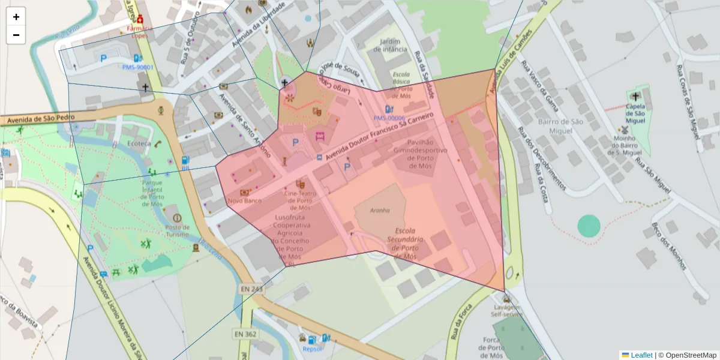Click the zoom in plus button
tap(16, 17)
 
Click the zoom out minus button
tap(16, 35)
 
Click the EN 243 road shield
tap(251, 289)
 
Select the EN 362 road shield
tap(245, 334)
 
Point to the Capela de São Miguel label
tap(635, 114)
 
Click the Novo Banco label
tap(245, 200)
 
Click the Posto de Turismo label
tap(177, 231)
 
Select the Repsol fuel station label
tap(313, 349)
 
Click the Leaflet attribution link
tap(641, 355)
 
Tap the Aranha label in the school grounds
tap(380, 211)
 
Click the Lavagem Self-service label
tap(506, 310)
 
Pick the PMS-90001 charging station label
tap(137, 67)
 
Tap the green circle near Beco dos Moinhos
tap(589, 226)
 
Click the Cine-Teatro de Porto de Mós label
tap(305, 200)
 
